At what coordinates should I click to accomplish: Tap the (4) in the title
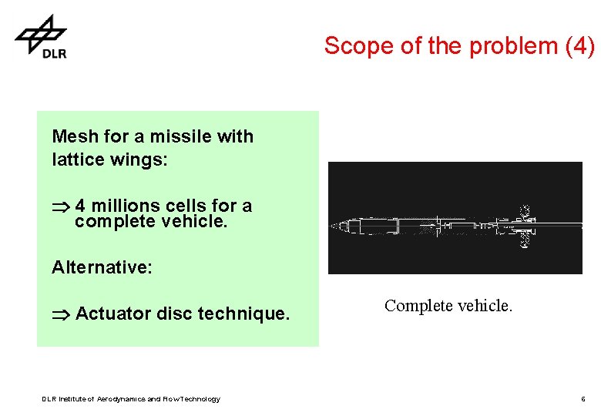click(580, 46)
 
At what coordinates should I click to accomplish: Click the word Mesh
click(75, 136)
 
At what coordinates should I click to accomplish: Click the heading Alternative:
click(102, 267)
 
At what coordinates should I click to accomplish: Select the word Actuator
click(113, 314)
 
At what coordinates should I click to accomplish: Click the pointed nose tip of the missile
click(333, 226)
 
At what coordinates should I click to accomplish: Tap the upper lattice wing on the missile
click(525, 210)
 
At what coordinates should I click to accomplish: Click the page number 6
click(583, 399)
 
